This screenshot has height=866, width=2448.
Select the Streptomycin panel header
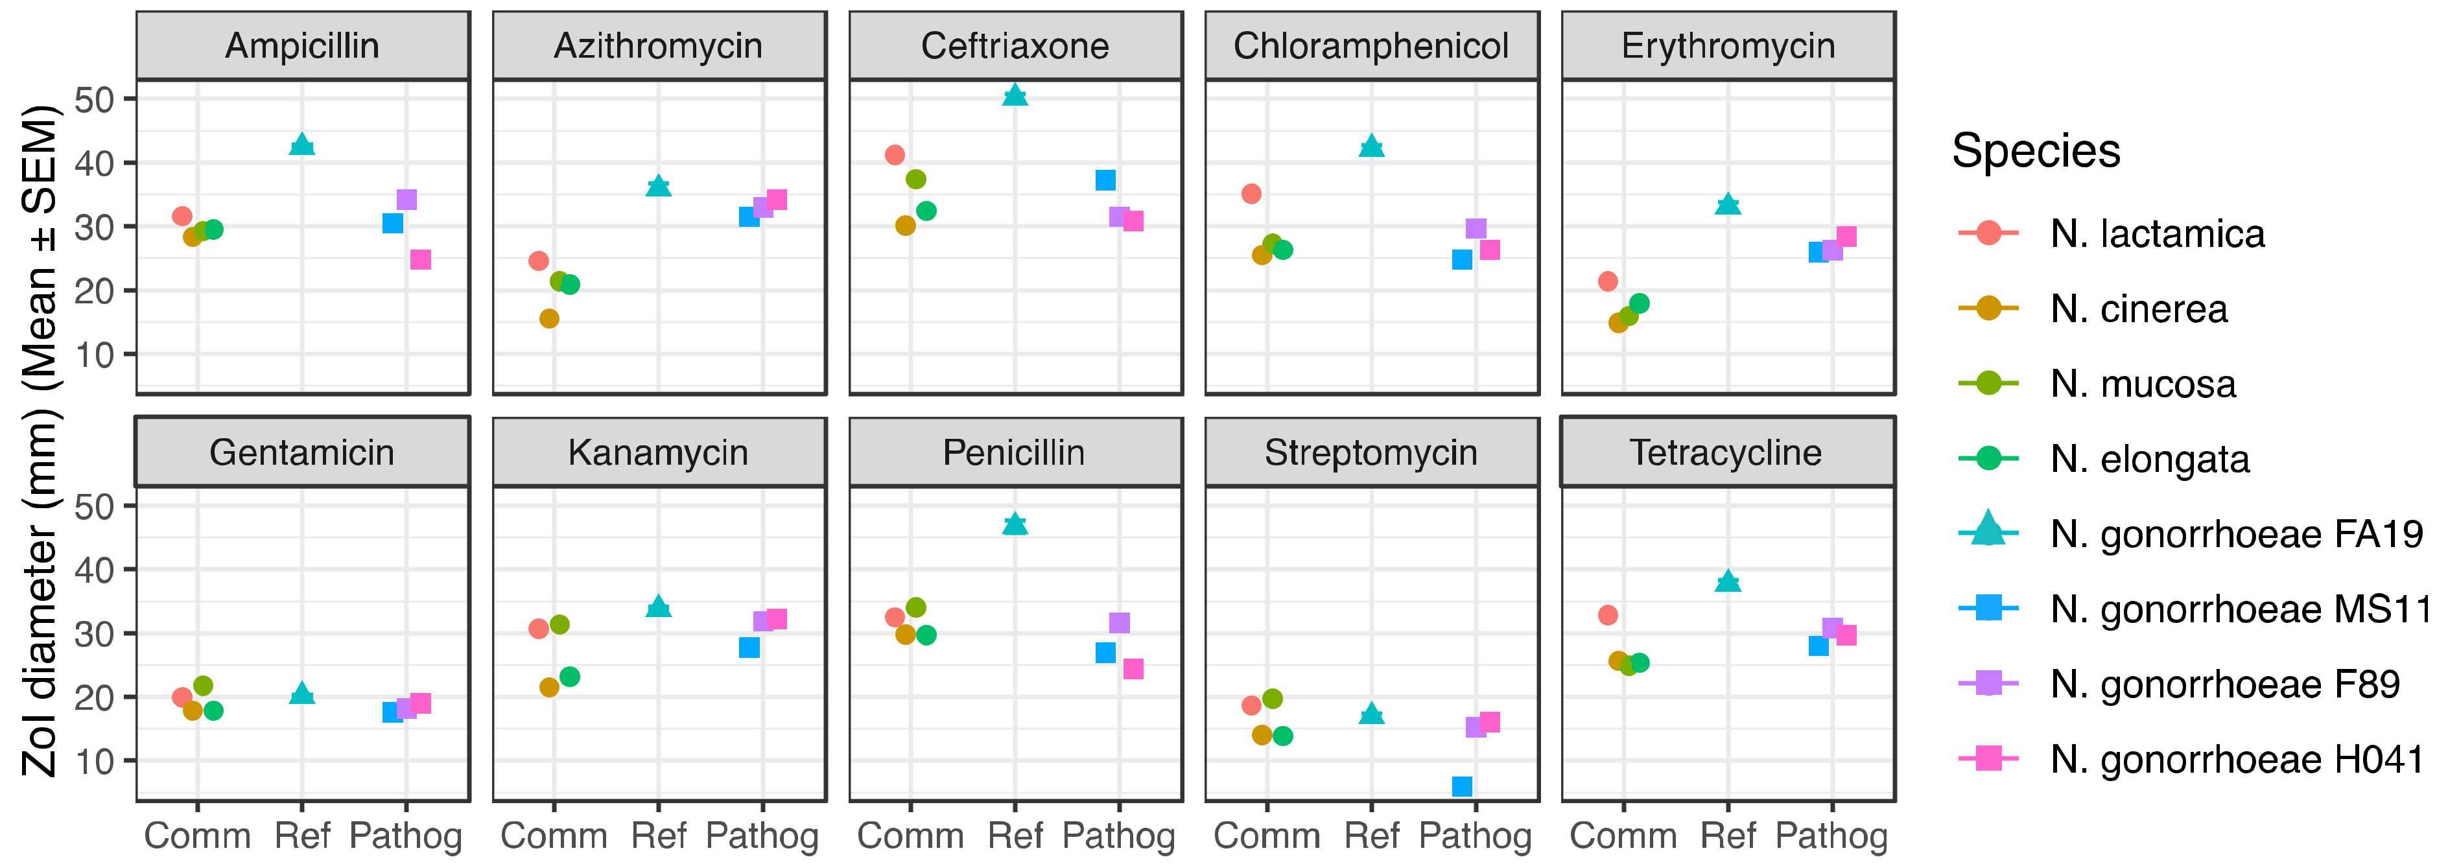[x=1371, y=452]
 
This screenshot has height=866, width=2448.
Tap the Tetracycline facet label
[x=1726, y=452]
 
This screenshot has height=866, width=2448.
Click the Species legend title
[x=2036, y=150]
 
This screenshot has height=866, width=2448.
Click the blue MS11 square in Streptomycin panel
[x=1461, y=786]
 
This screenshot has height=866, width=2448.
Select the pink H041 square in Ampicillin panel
[x=420, y=259]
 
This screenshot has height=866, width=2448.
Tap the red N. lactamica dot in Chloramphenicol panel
[x=1252, y=194]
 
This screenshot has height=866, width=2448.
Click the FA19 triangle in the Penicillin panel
[x=1015, y=524]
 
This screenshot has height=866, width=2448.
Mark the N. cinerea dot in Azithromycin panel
[x=549, y=318]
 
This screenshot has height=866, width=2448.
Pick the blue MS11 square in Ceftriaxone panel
[x=1105, y=180]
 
